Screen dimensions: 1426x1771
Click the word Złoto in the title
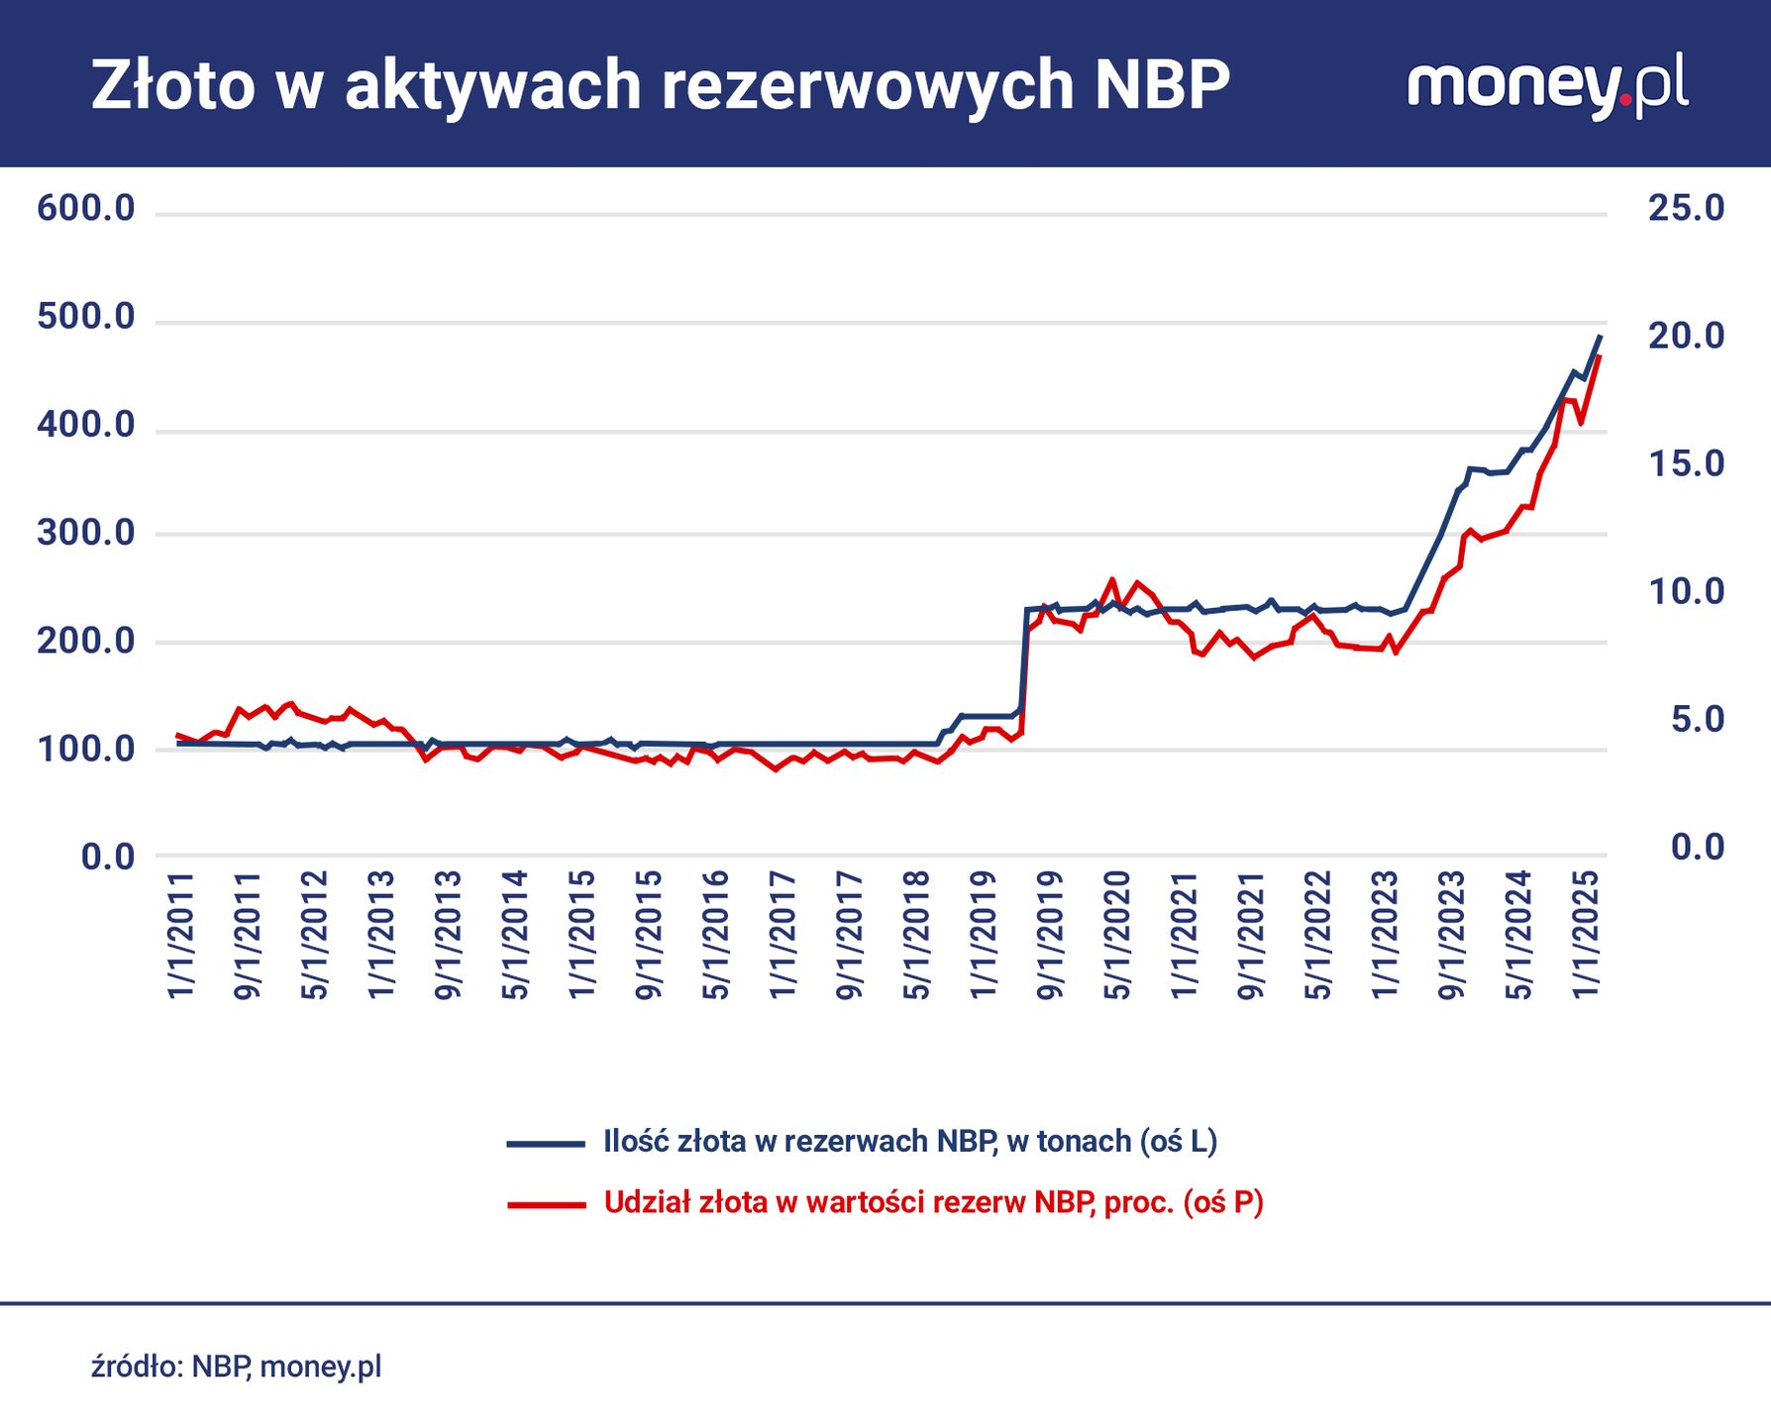[174, 85]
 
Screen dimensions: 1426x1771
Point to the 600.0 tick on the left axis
[85, 209]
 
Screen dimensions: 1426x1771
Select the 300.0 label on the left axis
[85, 534]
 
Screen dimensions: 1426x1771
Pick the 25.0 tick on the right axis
[1686, 208]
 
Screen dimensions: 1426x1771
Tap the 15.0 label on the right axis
[1686, 463]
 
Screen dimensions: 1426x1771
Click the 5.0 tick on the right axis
[1697, 720]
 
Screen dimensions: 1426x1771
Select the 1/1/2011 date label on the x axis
[181, 935]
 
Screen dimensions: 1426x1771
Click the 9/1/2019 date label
[1050, 935]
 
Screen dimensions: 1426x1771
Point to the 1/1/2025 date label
[1586, 935]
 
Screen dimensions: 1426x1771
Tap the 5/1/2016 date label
[715, 935]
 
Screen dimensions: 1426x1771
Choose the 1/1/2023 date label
[1385, 935]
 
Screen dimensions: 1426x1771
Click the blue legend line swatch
[546, 1144]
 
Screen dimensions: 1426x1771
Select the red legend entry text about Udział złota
[933, 1202]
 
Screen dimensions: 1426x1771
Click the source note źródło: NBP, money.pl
[236, 1368]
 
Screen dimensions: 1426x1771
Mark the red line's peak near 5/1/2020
[1111, 580]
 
